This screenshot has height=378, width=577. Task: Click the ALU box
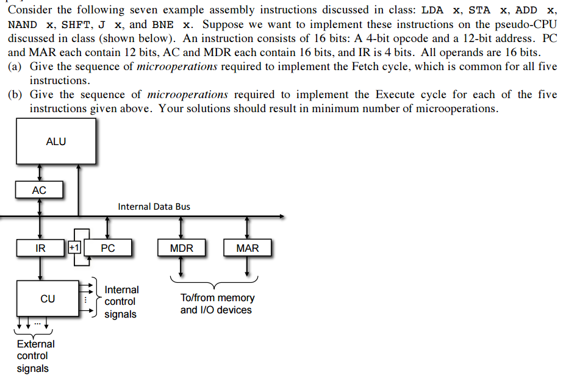(x=56, y=141)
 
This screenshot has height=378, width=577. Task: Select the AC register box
(x=39, y=190)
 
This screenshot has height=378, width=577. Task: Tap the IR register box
(x=40, y=248)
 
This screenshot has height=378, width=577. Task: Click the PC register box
(x=107, y=248)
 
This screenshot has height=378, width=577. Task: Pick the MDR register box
(x=181, y=248)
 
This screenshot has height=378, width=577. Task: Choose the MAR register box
(x=247, y=248)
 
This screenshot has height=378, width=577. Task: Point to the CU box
(x=48, y=299)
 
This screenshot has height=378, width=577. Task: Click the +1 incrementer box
(x=73, y=248)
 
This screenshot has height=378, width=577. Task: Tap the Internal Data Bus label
(x=154, y=207)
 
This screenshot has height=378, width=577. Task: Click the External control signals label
(x=35, y=356)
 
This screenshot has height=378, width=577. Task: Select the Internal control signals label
(x=121, y=302)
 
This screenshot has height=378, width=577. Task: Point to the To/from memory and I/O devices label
(x=217, y=304)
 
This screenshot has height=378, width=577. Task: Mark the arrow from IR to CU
(x=40, y=268)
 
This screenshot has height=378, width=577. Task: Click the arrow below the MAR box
(x=247, y=266)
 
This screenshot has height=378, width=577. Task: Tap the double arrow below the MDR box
(x=181, y=266)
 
